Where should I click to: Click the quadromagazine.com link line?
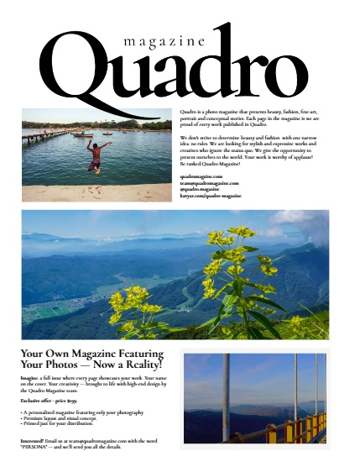[x=201, y=176]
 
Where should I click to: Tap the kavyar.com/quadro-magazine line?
[x=211, y=196]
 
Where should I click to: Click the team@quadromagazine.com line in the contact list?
[x=210, y=183]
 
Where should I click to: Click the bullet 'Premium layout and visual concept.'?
[x=67, y=418]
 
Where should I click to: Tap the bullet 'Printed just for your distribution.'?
[x=66, y=424]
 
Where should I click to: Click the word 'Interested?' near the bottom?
[x=36, y=440]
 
